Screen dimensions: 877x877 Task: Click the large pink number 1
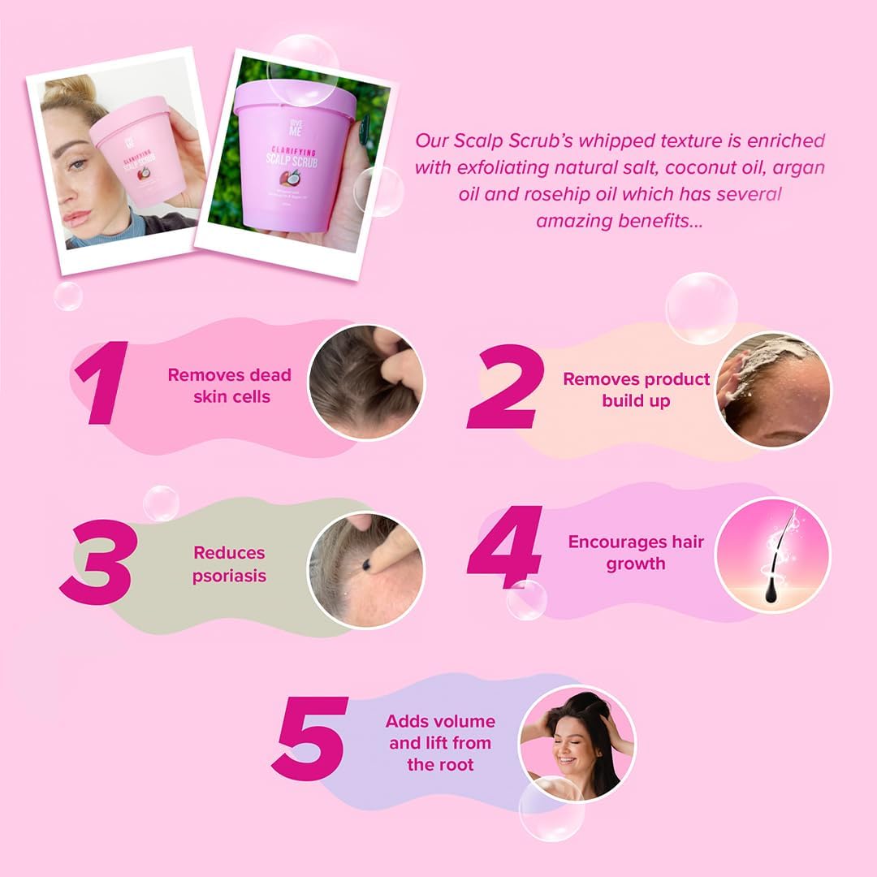pyautogui.click(x=103, y=383)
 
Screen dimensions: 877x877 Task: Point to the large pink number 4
pyautogui.click(x=505, y=546)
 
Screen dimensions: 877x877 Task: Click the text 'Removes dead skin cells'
pyautogui.click(x=229, y=386)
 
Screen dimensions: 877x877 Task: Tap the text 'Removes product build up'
pyautogui.click(x=636, y=390)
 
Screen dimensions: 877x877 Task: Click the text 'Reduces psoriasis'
pyautogui.click(x=229, y=564)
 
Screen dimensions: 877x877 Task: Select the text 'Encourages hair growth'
pyautogui.click(x=636, y=552)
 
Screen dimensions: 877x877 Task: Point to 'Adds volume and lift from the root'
pyautogui.click(x=440, y=742)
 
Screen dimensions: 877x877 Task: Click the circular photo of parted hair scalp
pyautogui.click(x=365, y=382)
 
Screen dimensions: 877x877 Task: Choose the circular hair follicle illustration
pyautogui.click(x=772, y=555)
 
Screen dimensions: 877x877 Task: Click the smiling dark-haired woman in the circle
pyautogui.click(x=577, y=742)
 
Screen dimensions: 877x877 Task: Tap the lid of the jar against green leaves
pyautogui.click(x=295, y=100)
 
